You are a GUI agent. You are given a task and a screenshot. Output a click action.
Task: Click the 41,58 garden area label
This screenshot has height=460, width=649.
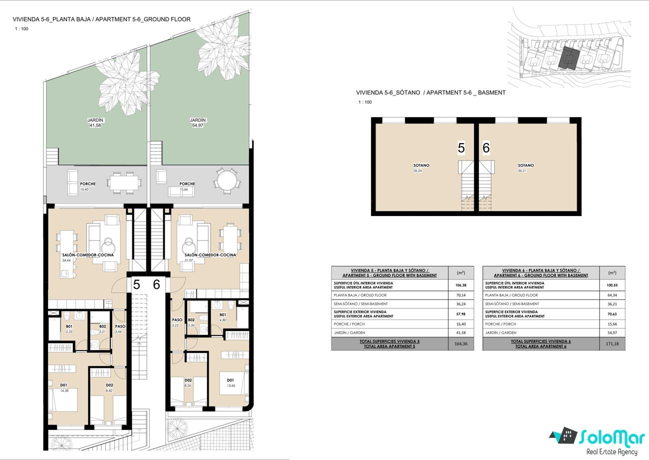click(95, 125)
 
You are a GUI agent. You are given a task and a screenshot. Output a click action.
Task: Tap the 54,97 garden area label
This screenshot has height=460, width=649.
click(198, 125)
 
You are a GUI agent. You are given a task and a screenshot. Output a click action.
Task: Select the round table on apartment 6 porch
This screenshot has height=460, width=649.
click(227, 180)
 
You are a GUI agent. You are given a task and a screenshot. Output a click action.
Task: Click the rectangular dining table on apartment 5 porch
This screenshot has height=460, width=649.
click(124, 183)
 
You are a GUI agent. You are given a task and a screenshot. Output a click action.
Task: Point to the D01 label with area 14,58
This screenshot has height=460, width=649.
click(64, 385)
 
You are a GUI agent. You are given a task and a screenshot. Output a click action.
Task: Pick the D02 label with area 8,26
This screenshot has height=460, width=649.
click(188, 380)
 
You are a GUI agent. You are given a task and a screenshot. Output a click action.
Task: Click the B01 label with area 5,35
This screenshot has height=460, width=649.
click(69, 326)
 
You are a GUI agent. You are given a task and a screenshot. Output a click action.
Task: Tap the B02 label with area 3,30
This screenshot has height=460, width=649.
click(191, 320)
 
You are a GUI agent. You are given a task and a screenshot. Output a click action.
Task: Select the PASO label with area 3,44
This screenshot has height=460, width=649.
click(120, 326)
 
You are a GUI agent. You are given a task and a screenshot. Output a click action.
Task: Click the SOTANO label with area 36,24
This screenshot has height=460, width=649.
click(421, 165)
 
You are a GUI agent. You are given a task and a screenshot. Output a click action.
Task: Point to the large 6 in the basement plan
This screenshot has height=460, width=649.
click(486, 147)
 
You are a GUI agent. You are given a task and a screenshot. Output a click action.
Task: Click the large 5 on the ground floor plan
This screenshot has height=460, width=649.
click(136, 284)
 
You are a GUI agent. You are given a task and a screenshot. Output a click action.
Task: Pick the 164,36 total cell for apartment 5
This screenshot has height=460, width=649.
click(461, 343)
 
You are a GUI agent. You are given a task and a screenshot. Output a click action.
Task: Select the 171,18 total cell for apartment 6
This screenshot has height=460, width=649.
click(612, 343)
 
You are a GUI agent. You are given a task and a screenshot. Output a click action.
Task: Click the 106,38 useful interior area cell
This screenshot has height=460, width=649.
click(461, 285)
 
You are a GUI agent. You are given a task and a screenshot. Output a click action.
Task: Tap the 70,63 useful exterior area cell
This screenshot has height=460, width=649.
click(612, 314)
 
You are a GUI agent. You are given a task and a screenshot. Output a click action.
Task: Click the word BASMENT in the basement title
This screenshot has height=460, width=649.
click(492, 92)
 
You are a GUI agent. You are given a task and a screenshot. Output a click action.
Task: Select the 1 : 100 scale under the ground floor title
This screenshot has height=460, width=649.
click(22, 28)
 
